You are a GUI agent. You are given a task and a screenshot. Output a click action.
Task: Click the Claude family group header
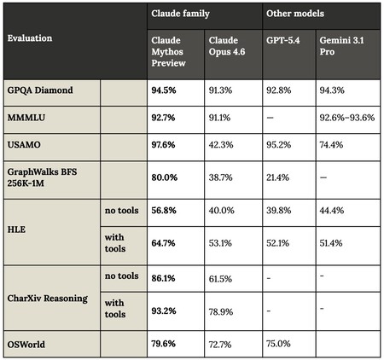click(176, 14)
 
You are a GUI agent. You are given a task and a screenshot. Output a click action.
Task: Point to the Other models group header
click(294, 14)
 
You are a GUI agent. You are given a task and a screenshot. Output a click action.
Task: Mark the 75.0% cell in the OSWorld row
click(279, 344)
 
